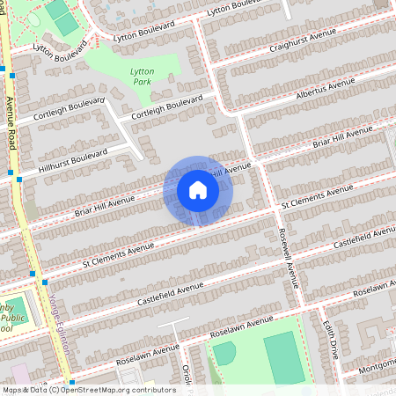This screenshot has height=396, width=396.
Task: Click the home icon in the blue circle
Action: tap(197, 190)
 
